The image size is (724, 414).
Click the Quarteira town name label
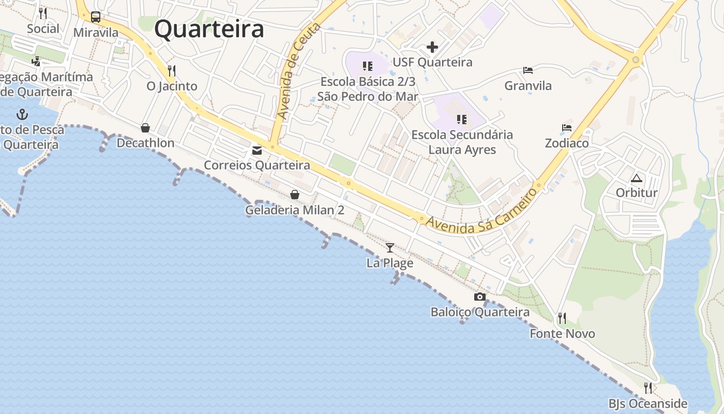click(x=209, y=29)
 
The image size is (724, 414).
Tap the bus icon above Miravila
click(x=96, y=17)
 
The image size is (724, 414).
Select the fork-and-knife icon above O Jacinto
click(x=172, y=70)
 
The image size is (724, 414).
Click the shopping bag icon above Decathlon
click(x=145, y=127)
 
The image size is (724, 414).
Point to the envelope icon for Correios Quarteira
click(x=257, y=151)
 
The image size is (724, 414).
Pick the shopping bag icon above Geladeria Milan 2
click(x=295, y=195)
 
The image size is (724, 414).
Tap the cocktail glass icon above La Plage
click(x=390, y=248)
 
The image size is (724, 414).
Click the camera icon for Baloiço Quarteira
click(x=480, y=297)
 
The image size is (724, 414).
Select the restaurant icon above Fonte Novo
click(x=562, y=318)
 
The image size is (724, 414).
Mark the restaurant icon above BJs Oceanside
click(x=647, y=388)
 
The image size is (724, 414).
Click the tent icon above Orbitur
click(x=636, y=179)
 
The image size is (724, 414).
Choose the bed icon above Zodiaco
click(x=567, y=127)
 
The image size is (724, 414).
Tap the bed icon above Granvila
click(x=528, y=70)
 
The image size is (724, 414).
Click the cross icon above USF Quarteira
click(x=432, y=48)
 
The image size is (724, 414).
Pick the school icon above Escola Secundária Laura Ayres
click(x=462, y=120)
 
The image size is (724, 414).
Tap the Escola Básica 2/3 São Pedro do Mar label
click(x=368, y=89)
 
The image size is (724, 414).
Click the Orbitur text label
click(x=637, y=193)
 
